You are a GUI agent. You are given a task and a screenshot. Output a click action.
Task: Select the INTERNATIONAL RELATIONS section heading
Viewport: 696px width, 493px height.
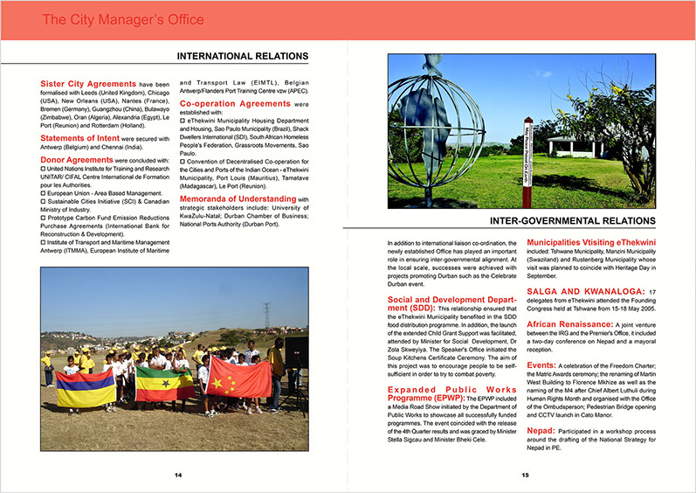(243, 57)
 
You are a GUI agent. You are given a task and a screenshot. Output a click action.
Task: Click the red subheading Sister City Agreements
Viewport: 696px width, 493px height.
(88, 83)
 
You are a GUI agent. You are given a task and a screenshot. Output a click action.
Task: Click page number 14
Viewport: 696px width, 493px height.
(177, 475)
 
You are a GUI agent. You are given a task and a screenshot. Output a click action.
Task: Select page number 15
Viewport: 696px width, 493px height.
(526, 475)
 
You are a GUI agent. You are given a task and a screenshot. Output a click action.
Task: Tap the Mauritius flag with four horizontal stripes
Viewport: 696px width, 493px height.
(86, 388)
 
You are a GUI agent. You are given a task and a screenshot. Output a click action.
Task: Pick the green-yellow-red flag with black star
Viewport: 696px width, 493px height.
(164, 382)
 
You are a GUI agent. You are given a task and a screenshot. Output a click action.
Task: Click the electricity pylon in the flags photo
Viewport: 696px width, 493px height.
(265, 316)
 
